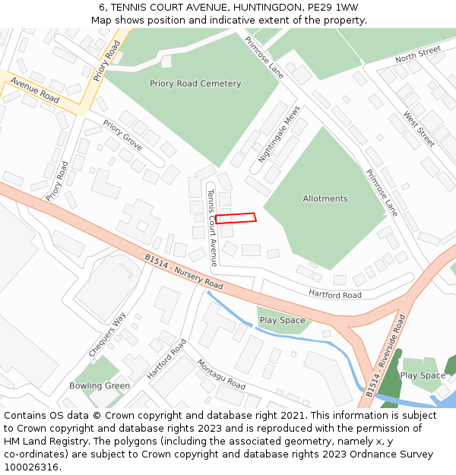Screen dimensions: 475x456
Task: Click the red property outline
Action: (236, 218)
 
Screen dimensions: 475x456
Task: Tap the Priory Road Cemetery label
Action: (195, 84)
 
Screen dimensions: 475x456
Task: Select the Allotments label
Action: (325, 198)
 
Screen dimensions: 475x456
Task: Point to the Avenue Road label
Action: (35, 90)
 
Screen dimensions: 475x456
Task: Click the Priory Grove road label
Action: (122, 135)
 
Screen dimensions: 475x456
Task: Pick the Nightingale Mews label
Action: (279, 134)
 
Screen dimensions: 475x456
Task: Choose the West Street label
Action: (419, 129)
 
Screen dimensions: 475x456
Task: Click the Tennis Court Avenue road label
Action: (214, 227)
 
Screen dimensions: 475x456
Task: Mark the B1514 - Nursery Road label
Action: (184, 271)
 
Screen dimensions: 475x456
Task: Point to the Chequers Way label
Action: (107, 334)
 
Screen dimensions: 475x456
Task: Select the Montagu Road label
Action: (221, 374)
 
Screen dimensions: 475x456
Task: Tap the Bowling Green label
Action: (100, 385)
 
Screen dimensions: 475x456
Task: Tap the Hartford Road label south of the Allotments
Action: (335, 294)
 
